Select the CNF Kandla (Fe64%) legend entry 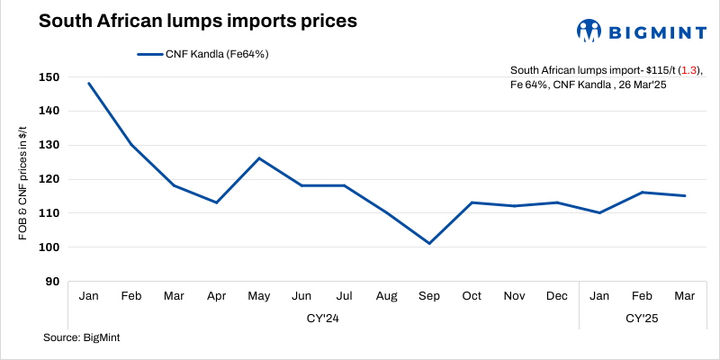[203, 54]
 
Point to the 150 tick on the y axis [50, 77]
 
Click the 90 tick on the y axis [54, 282]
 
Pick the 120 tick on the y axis [50, 179]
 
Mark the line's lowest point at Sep [429, 243]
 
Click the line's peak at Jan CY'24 [88, 84]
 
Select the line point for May [259, 158]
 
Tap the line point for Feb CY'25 [642, 193]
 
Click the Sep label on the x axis [429, 296]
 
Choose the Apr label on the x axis [216, 296]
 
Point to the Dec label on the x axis [557, 296]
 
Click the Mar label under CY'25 [684, 296]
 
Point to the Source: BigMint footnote [82, 338]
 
